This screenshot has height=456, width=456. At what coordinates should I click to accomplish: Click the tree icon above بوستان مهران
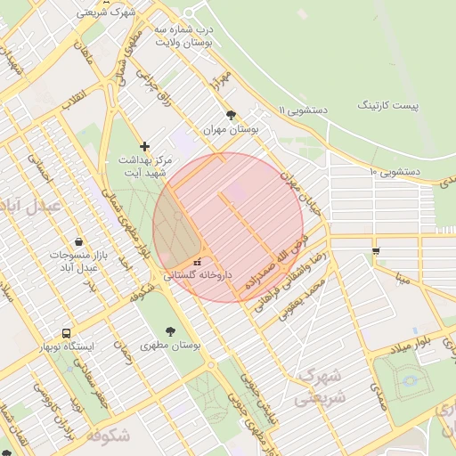pyautogui.click(x=232, y=115)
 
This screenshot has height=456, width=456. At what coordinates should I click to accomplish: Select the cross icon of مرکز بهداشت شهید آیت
pyautogui.click(x=145, y=145)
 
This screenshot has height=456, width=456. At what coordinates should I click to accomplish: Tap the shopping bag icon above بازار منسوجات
pyautogui.click(x=79, y=241)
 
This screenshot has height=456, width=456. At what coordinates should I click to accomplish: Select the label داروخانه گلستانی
pyautogui.click(x=197, y=276)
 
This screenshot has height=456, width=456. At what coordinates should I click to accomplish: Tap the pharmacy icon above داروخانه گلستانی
pyautogui.click(x=197, y=263)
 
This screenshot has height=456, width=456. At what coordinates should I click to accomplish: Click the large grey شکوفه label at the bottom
pyautogui.click(x=123, y=436)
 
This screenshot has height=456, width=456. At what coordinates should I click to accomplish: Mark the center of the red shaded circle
pyautogui.click(x=228, y=227)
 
